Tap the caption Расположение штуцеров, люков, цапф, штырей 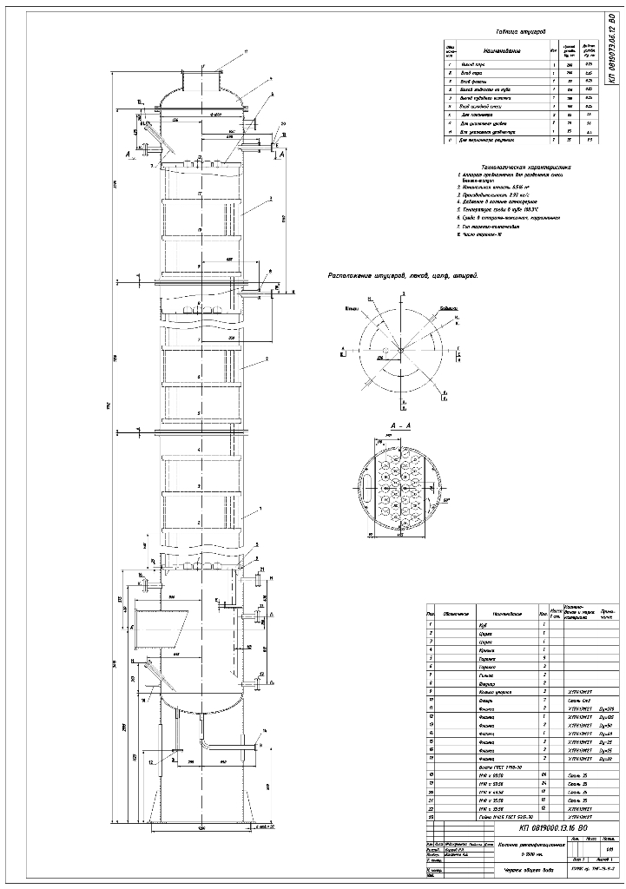click(x=403, y=275)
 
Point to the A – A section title click(x=401, y=426)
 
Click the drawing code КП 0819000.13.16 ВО click(x=535, y=827)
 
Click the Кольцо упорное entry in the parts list click(x=497, y=690)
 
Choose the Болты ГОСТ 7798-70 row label click(x=498, y=766)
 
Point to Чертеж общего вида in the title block click(x=507, y=871)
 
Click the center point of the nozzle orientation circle click(x=401, y=348)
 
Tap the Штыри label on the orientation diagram click(x=353, y=307)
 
